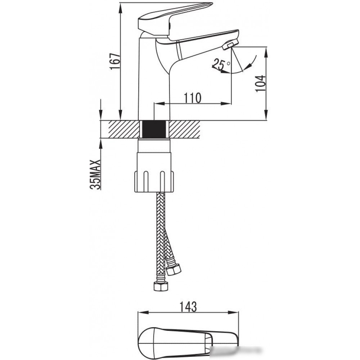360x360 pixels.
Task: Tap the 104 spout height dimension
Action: click(x=261, y=84)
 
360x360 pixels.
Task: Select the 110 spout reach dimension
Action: click(x=192, y=98)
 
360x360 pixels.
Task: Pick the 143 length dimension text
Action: click(x=188, y=307)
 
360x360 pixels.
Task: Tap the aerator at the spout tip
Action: click(x=230, y=44)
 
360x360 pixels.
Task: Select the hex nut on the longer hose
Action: click(x=161, y=287)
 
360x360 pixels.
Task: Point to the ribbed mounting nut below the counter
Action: click(x=154, y=181)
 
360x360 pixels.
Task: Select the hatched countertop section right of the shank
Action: click(x=185, y=129)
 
